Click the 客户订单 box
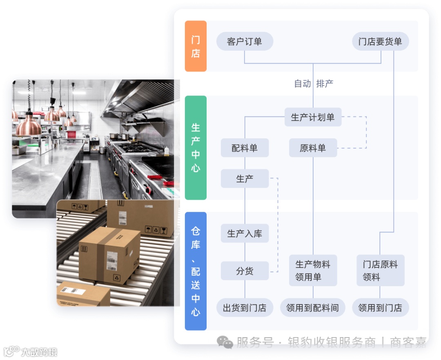pyautogui.click(x=244, y=41)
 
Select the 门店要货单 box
pyautogui.click(x=380, y=41)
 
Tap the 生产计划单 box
pyautogui.click(x=313, y=117)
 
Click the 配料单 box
pyautogui.click(x=245, y=148)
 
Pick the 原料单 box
pyautogui.click(x=313, y=148)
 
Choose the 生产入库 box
pyautogui.click(x=245, y=233)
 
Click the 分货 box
pyautogui.click(x=245, y=271)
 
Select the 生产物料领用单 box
pyautogui.click(x=313, y=271)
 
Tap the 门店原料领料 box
pyautogui.click(x=380, y=271)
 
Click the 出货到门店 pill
pyautogui.click(x=245, y=308)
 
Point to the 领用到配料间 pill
pyautogui.click(x=313, y=308)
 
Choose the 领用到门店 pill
pyautogui.click(x=380, y=308)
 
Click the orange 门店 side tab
pyautogui.click(x=196, y=46)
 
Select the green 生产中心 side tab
pyautogui.click(x=196, y=147)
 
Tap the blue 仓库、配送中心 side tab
pyautogui.click(x=196, y=271)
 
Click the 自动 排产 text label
pyautogui.click(x=314, y=84)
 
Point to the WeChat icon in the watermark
pyautogui.click(x=225, y=342)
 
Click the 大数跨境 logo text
pyautogui.click(x=39, y=351)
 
